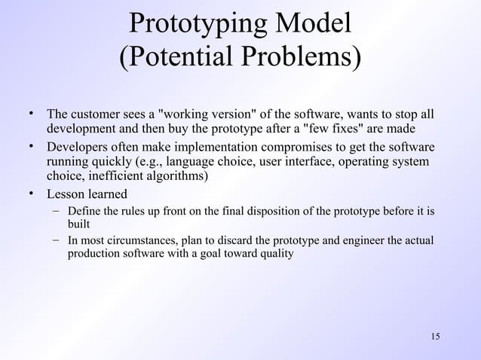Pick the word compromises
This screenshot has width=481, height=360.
(x=275, y=148)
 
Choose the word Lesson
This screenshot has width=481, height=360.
(x=66, y=194)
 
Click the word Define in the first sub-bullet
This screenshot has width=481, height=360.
(x=81, y=212)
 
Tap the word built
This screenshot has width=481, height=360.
(x=78, y=224)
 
